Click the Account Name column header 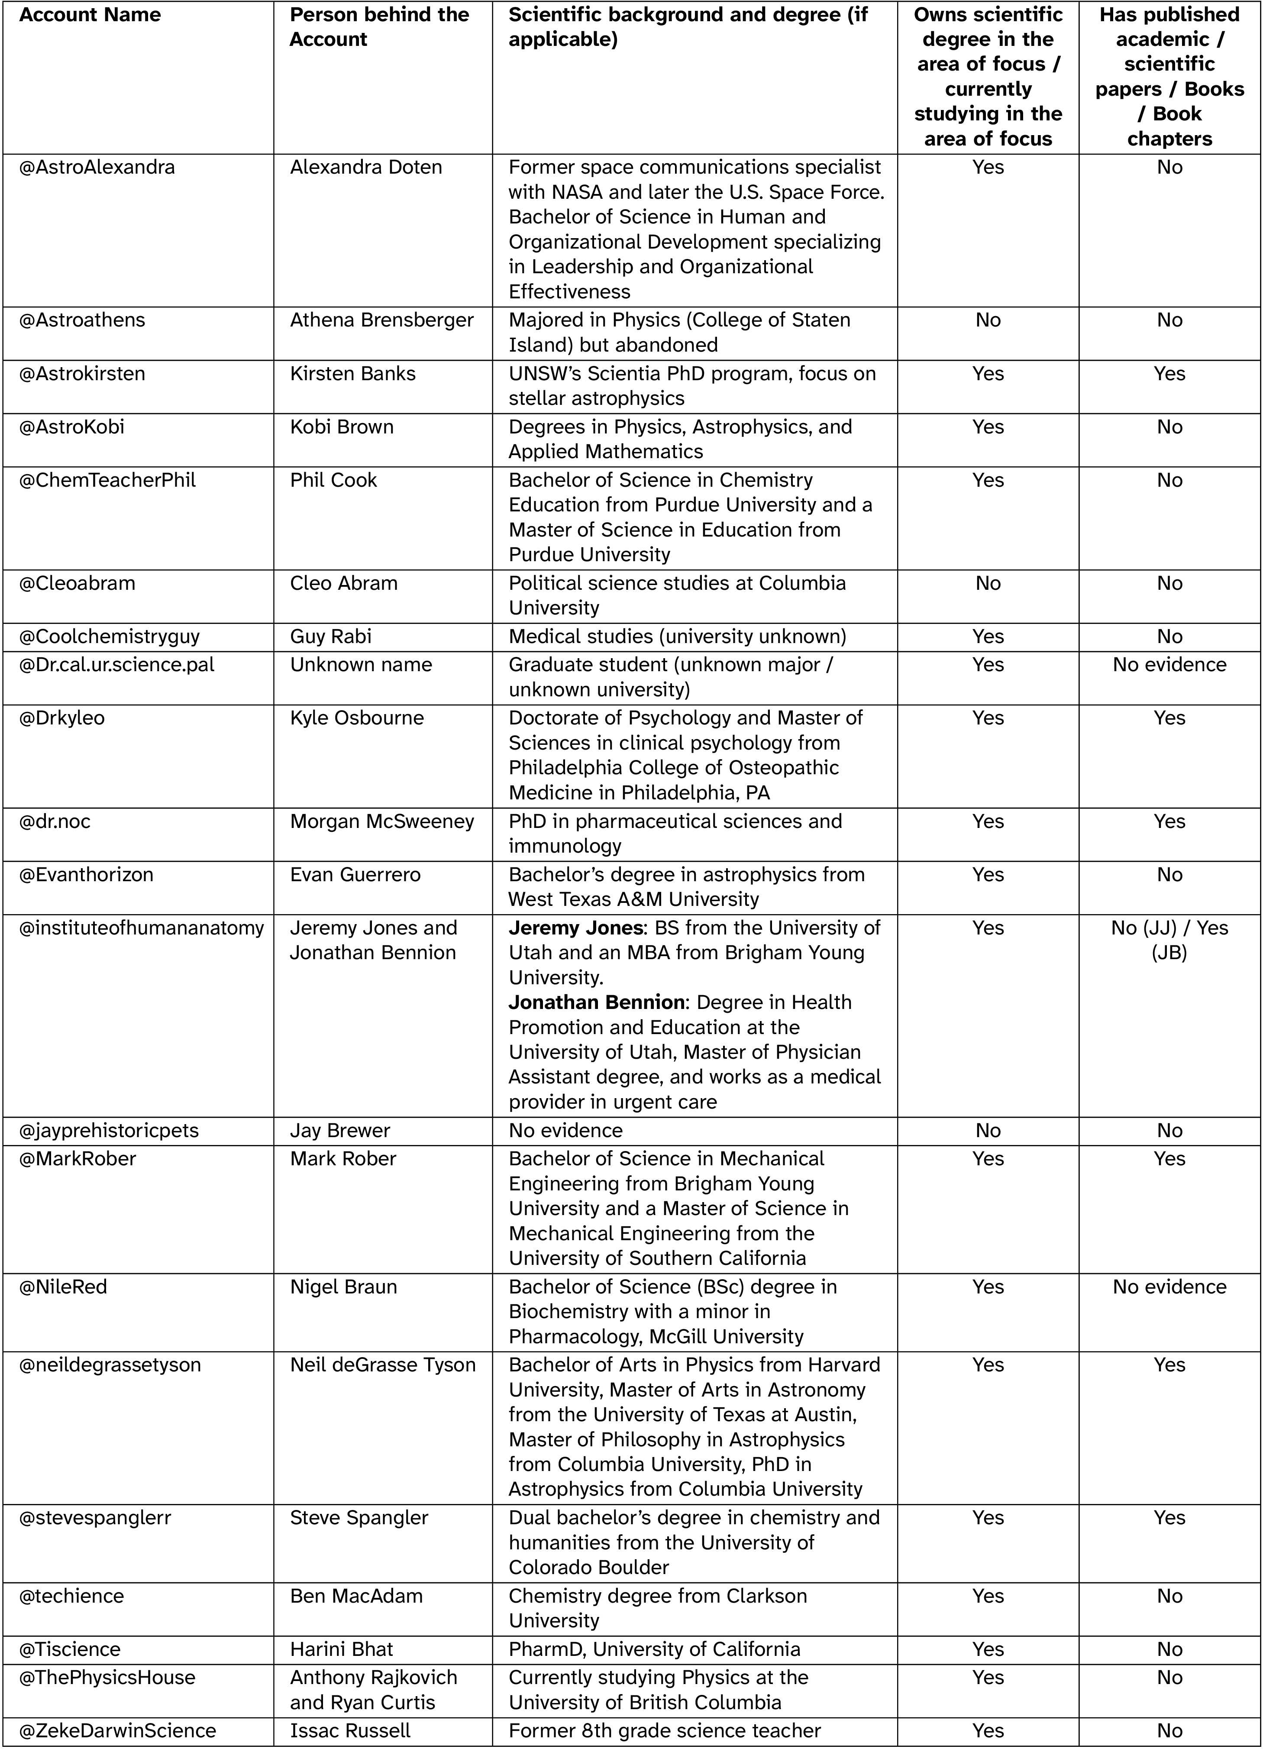tap(90, 15)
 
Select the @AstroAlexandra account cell tap(97, 167)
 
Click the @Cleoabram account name tap(77, 583)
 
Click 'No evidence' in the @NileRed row tap(1169, 1287)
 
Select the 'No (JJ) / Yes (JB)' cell tap(1169, 940)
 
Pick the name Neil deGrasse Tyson tap(382, 1365)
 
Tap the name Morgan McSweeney tap(382, 821)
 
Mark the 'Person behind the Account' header tap(379, 27)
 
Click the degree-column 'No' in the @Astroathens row tap(988, 320)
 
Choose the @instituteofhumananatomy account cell tap(141, 928)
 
